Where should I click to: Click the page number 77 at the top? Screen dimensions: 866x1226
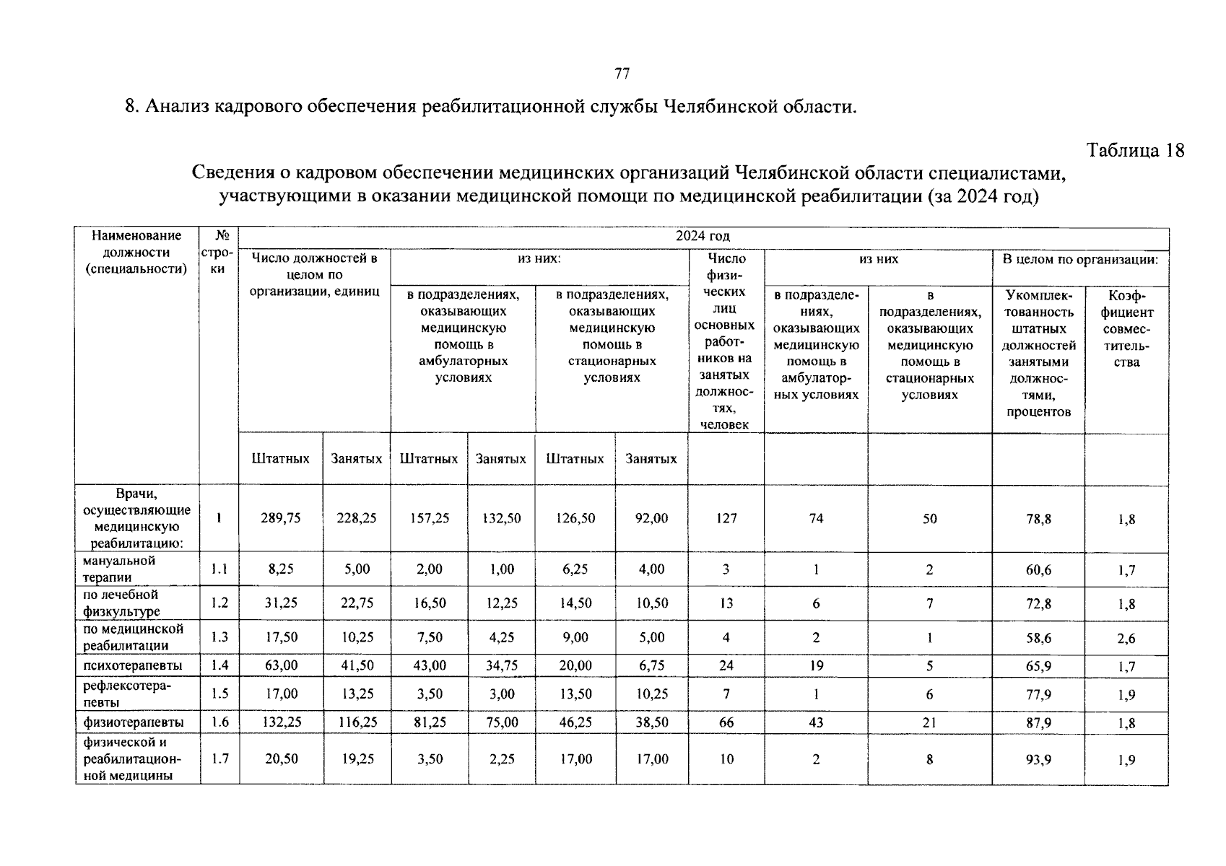(622, 74)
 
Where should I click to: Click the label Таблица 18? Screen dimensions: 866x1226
(1135, 150)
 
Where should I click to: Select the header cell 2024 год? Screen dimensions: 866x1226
(703, 236)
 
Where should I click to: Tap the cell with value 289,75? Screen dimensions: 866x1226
(280, 518)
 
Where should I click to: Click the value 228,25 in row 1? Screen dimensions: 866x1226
(357, 518)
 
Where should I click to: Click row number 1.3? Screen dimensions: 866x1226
(219, 637)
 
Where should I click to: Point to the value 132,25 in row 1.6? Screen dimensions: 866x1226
(280, 722)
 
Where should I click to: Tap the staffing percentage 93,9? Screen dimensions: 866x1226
(1038, 759)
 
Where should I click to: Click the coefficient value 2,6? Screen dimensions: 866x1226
(1126, 638)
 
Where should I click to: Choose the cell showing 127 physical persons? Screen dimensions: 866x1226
(726, 518)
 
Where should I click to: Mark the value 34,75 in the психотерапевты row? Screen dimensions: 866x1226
(501, 665)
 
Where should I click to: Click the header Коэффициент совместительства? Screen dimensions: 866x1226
(1126, 329)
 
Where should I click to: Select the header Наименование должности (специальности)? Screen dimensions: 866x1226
(136, 253)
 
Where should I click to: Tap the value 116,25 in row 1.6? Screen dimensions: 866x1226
(357, 722)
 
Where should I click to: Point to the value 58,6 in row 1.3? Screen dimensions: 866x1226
(1038, 638)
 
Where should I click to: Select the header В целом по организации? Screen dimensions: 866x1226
(1080, 259)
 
